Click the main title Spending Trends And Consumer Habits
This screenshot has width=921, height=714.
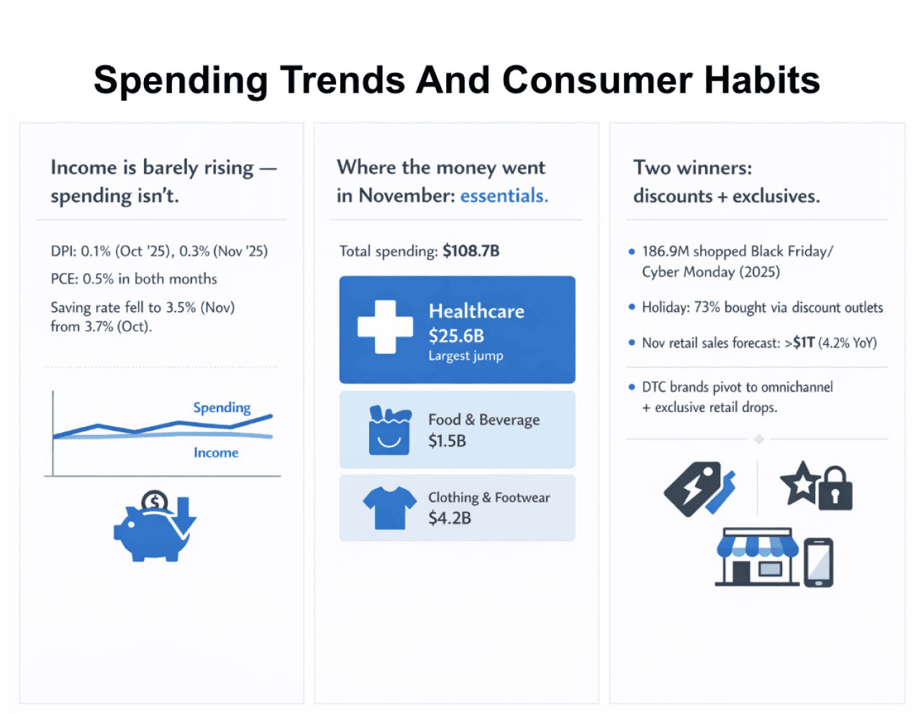[x=457, y=80]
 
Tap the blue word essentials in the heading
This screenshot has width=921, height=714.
[x=504, y=196]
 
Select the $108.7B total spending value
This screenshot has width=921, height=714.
[x=471, y=251]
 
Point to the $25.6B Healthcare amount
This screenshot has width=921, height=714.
[x=456, y=336]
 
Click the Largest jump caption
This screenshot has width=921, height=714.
[x=466, y=356]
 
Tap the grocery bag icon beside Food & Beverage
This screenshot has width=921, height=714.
[x=389, y=430]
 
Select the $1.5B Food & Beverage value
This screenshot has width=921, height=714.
[x=447, y=441]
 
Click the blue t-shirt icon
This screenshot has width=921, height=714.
[x=389, y=508]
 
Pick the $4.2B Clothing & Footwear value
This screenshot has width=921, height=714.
[x=450, y=518]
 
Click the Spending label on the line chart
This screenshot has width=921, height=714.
[x=222, y=408]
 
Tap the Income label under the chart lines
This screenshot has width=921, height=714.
[x=216, y=452]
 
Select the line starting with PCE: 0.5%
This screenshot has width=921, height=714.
[x=134, y=279]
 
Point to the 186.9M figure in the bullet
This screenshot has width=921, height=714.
[x=666, y=251]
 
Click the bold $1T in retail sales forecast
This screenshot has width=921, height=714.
[x=803, y=343]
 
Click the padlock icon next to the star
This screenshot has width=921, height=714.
[x=835, y=489]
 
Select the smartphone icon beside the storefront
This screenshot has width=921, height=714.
[x=818, y=562]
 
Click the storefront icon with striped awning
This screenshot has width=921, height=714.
[x=757, y=558]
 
